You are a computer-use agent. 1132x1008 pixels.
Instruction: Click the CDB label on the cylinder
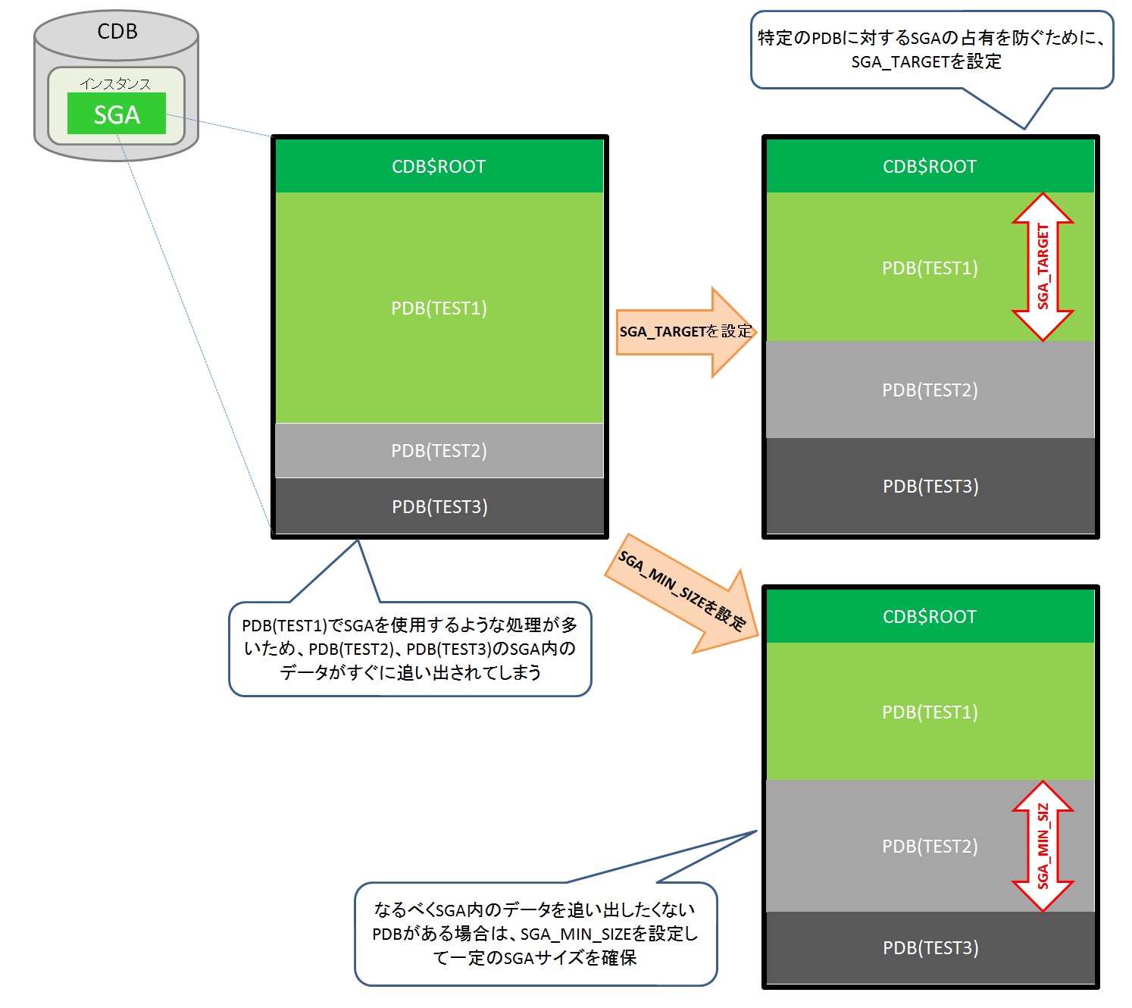coord(117,32)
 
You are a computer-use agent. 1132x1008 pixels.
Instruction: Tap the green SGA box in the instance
coord(117,114)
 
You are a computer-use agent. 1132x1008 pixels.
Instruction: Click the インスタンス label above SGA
coord(115,83)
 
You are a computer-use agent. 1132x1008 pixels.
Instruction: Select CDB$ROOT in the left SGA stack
coord(439,167)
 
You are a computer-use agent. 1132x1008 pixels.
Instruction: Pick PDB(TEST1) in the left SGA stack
coord(439,308)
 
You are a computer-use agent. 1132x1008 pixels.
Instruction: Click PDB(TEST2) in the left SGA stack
coord(439,451)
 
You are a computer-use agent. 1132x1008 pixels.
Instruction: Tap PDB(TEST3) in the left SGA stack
coord(439,506)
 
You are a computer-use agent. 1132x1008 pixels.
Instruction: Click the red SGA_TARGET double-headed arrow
coord(1043,267)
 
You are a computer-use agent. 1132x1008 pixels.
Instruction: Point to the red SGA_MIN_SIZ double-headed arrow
coord(1043,846)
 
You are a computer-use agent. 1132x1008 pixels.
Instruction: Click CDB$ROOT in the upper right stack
coord(930,167)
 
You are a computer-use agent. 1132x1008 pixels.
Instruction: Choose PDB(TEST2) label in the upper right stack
coord(930,390)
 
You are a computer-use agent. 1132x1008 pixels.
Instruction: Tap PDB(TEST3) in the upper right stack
coord(930,487)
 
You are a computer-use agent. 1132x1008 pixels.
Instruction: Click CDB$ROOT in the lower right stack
coord(930,617)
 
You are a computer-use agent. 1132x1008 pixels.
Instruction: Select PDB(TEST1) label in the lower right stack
coord(930,712)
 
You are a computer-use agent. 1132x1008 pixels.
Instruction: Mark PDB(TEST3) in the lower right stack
coord(930,948)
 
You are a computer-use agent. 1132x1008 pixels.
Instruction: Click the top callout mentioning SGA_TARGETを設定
coord(931,50)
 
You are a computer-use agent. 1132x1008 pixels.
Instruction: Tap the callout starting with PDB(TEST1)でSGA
coord(410,649)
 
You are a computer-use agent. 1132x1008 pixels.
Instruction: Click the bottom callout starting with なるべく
coord(535,934)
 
